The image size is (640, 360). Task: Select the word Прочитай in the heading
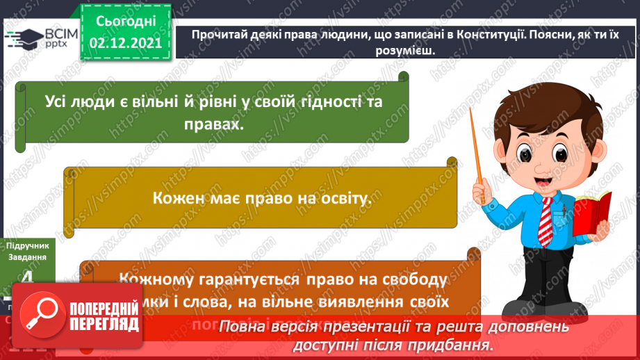click(x=220, y=35)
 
